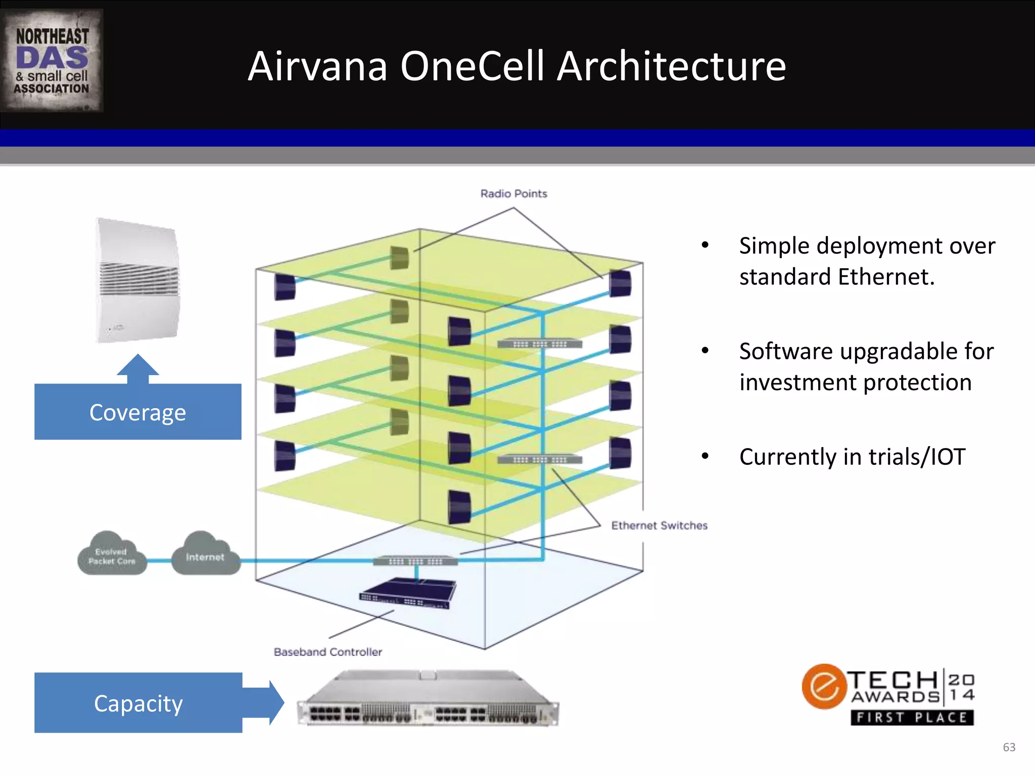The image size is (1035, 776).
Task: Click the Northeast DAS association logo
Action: [52, 61]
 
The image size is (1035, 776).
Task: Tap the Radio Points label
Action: [513, 194]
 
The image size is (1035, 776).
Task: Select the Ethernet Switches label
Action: [659, 525]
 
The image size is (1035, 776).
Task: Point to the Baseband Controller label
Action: [327, 652]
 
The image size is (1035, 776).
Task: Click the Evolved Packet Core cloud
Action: [112, 555]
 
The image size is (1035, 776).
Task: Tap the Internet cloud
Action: [205, 555]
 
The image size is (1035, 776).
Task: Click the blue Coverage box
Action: [137, 412]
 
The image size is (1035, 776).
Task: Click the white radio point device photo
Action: [138, 281]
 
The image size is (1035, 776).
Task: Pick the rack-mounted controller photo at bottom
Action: [428, 700]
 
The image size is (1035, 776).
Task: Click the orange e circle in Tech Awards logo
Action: [824, 687]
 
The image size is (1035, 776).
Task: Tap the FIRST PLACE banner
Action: [912, 717]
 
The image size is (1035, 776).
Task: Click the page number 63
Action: [1009, 747]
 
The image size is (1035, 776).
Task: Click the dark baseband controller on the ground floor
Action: [408, 593]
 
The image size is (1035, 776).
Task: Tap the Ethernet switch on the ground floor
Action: [415, 561]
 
